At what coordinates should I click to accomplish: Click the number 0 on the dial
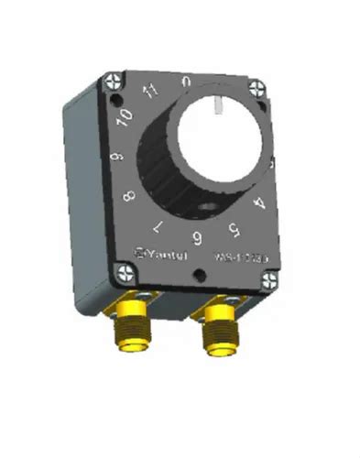pyautogui.click(x=187, y=82)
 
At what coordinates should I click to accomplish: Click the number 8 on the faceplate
pyautogui.click(x=129, y=196)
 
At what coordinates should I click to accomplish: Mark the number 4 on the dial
pyautogui.click(x=259, y=204)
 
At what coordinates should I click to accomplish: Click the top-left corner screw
pyautogui.click(x=115, y=81)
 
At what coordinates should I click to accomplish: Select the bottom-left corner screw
pyautogui.click(x=121, y=272)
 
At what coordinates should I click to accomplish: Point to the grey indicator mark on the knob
pyautogui.click(x=218, y=108)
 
